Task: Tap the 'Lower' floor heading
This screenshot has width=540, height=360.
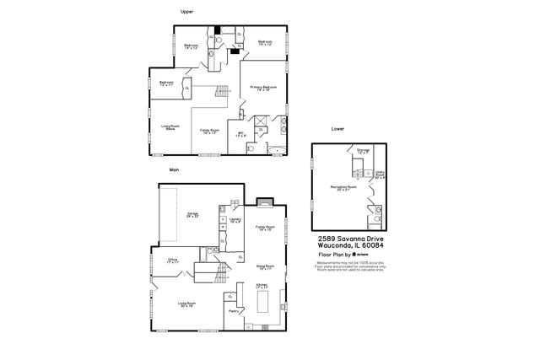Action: point(337,129)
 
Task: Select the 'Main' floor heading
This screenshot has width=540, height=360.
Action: point(175,169)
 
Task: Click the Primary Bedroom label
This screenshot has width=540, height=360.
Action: point(262,88)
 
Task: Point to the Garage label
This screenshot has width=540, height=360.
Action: point(192,215)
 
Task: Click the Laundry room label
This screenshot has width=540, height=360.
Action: point(235,220)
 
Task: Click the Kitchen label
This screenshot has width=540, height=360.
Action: point(262,287)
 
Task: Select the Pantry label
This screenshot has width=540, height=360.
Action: point(231,311)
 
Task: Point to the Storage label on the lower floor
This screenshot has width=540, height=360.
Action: point(363,151)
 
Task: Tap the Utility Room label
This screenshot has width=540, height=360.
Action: point(380,175)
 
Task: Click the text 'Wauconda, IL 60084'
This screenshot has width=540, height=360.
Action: point(346,246)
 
